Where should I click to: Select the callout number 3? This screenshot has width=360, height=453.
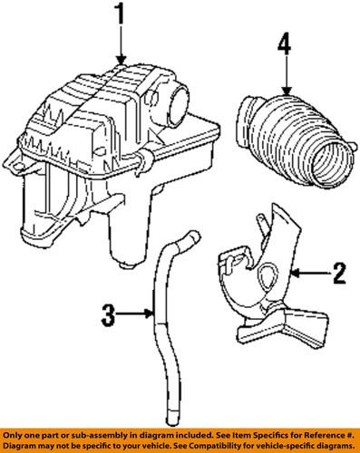pos(107,316)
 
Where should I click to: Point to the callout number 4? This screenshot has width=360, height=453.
pos(285,43)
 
